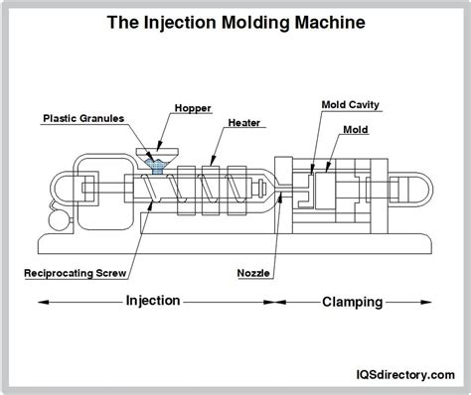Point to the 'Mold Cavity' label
pos(350,103)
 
